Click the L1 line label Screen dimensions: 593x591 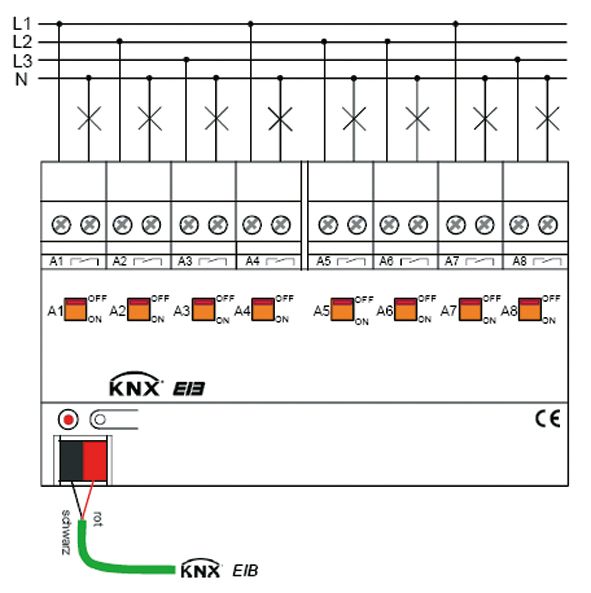(22, 22)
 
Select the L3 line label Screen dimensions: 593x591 (22, 60)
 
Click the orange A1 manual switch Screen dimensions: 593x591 (75, 310)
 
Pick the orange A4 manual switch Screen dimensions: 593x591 (263, 310)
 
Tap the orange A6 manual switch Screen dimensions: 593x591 (405, 310)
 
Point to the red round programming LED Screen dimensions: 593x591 (68, 419)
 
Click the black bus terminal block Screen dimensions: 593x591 (70, 458)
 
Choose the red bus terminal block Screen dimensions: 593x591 (94, 458)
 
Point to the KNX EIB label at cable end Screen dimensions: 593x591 (218, 571)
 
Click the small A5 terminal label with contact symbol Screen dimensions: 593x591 (339, 261)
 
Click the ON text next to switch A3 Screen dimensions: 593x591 (221, 322)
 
